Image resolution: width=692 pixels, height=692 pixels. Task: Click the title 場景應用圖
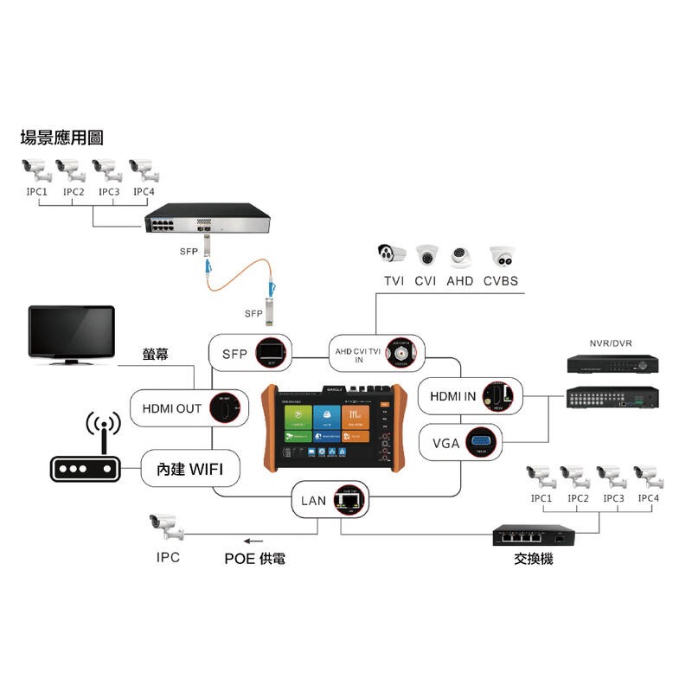click(x=61, y=138)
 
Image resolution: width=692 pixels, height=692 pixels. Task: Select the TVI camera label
click(x=394, y=281)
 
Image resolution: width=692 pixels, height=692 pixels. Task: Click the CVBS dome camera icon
click(x=503, y=257)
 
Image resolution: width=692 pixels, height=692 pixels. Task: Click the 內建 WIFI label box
click(x=191, y=470)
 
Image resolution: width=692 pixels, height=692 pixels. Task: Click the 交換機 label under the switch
click(x=534, y=559)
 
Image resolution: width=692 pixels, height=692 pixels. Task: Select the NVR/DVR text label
click(x=611, y=343)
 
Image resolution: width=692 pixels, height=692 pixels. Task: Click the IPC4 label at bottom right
click(x=649, y=498)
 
